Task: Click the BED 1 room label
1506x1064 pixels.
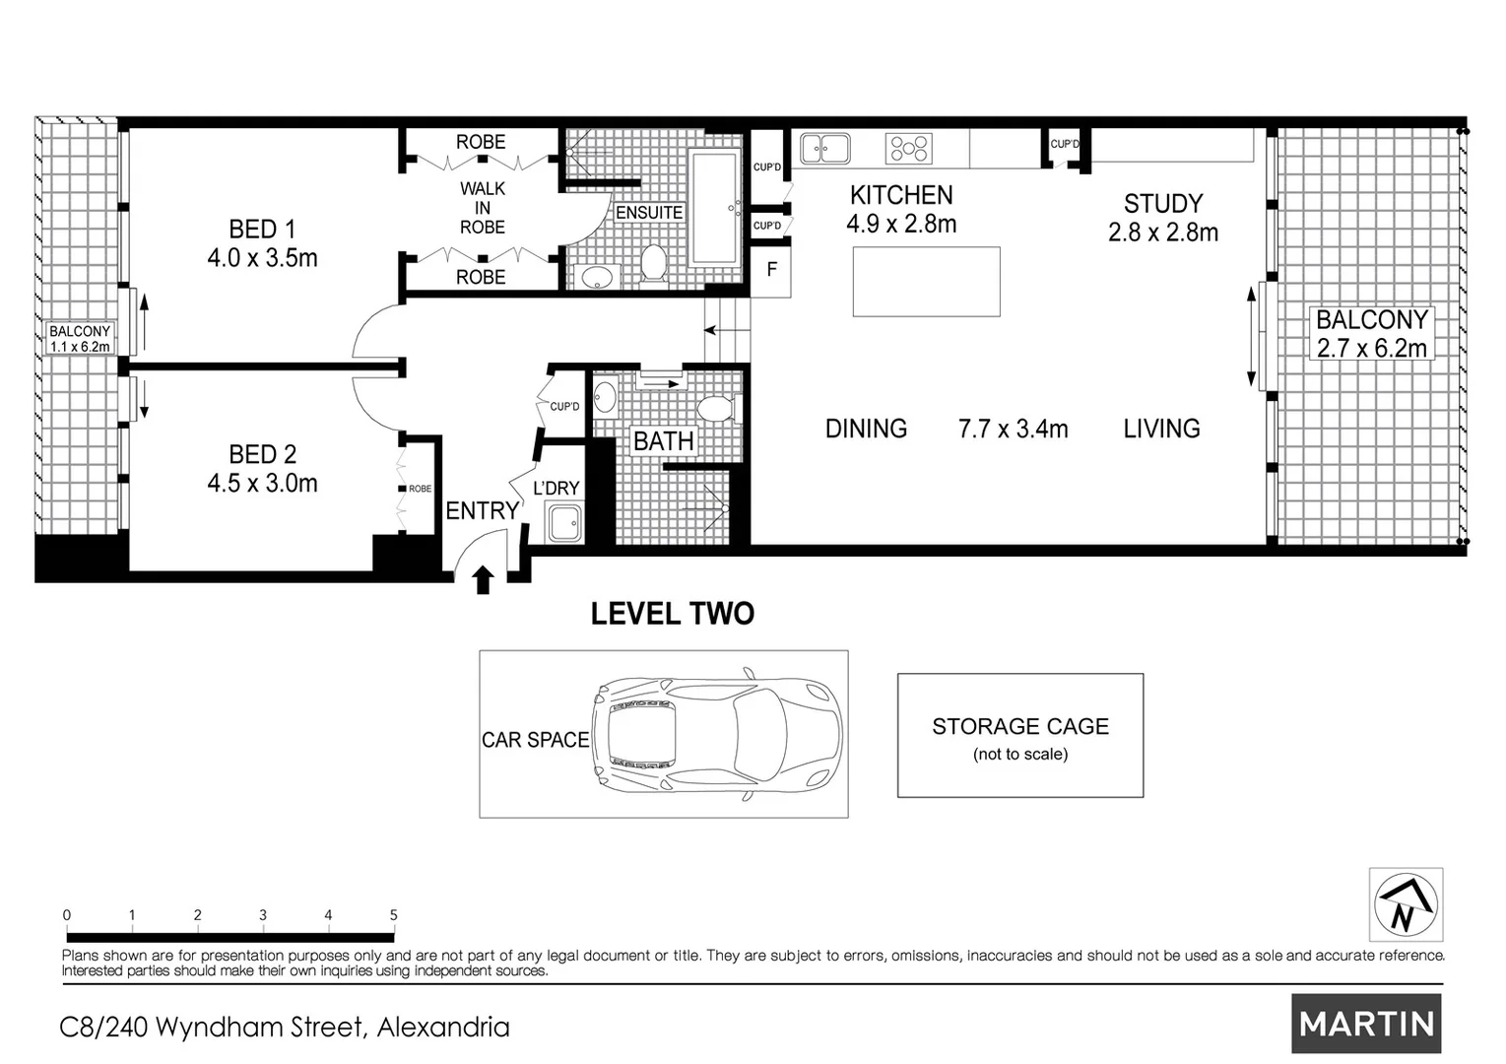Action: [262, 230]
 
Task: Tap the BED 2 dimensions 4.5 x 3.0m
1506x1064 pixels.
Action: [262, 484]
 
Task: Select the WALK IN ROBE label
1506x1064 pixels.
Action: [482, 208]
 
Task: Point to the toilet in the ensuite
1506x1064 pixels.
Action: [652, 264]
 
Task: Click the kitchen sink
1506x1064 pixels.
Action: [824, 149]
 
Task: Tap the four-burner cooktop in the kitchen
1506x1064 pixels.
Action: [909, 149]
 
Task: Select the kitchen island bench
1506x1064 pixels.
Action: [926, 282]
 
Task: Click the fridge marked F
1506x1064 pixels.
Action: [772, 269]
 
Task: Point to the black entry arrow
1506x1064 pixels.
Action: [483, 579]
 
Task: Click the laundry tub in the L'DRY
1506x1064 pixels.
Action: [565, 522]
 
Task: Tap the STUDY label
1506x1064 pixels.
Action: [1163, 204]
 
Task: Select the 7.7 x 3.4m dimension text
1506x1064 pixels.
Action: [1013, 430]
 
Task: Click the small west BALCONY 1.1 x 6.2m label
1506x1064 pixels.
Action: [80, 339]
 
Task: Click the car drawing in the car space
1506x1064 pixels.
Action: [716, 734]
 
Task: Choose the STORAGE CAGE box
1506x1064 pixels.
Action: [1019, 736]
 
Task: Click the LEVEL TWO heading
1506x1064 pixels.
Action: [672, 614]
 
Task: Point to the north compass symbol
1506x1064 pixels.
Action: [1406, 904]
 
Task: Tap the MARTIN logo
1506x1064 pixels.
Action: [1366, 1024]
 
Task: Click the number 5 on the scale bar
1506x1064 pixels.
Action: [393, 915]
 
